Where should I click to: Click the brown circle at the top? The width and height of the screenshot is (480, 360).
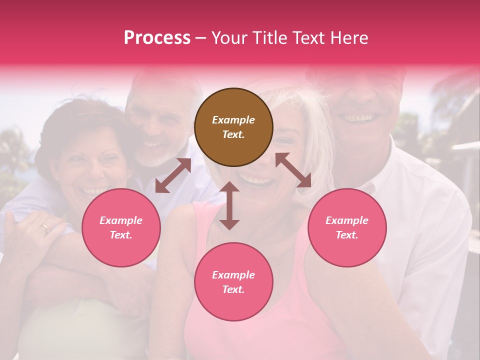[233, 127]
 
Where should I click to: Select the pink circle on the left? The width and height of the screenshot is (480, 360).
[121, 228]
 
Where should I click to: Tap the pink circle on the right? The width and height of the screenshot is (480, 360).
[347, 228]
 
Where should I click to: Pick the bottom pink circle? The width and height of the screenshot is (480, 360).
[233, 282]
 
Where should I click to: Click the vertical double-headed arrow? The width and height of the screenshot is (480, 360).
[229, 205]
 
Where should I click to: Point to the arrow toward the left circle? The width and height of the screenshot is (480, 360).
[173, 176]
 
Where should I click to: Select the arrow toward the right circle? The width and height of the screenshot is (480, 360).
[293, 170]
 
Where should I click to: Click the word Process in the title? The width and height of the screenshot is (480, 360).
[157, 37]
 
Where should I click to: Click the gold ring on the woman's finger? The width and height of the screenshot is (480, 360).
[45, 228]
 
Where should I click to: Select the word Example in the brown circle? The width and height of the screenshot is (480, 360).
[233, 120]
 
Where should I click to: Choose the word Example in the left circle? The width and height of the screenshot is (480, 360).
[121, 220]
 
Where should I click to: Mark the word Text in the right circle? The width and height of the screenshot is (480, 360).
[347, 235]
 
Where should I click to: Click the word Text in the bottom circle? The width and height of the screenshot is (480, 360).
[233, 289]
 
